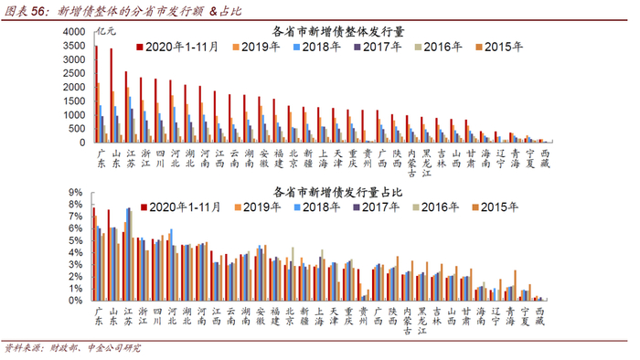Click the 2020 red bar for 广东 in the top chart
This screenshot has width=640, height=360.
[x=96, y=94]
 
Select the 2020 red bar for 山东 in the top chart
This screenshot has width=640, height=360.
[x=111, y=95]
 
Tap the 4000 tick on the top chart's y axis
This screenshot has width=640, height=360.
[x=74, y=32]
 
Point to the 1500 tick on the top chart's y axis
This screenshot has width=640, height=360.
[x=74, y=101]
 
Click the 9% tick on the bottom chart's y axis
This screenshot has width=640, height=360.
[x=75, y=193]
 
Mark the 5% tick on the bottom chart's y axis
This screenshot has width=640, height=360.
[x=75, y=240]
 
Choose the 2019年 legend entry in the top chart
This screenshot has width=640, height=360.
[x=256, y=47]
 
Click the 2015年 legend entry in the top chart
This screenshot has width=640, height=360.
[x=499, y=47]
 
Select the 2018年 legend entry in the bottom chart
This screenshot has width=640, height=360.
[x=317, y=207]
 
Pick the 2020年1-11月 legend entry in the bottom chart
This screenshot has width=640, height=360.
[x=181, y=207]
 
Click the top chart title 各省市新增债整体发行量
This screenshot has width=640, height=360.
[x=338, y=32]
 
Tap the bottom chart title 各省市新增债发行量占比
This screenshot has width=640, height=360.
[x=337, y=192]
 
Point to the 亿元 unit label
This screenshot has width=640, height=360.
[x=107, y=31]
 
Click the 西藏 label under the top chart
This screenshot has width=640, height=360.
[x=545, y=159]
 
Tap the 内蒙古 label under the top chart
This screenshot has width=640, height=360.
[x=411, y=164]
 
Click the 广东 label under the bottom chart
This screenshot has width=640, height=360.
[x=99, y=316]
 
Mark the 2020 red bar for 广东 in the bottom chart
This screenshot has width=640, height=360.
[x=94, y=254]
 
